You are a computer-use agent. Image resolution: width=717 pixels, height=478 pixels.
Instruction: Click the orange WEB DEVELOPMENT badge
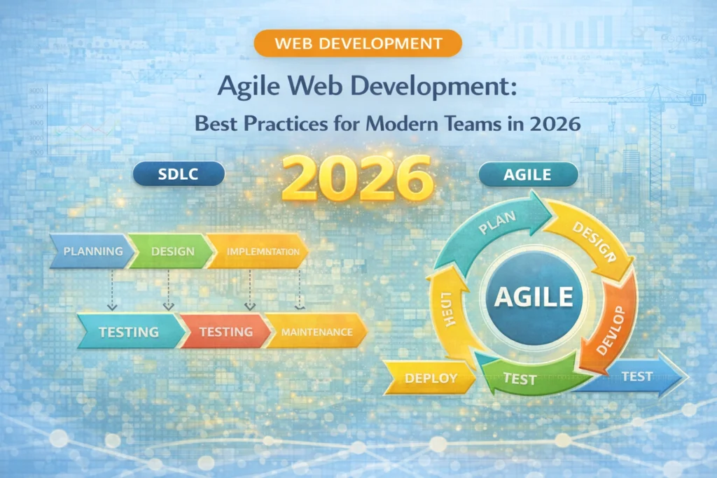click(358, 43)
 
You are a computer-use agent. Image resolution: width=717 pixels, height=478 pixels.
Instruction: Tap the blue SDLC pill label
click(178, 174)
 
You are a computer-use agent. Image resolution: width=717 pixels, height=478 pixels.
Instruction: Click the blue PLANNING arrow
click(91, 251)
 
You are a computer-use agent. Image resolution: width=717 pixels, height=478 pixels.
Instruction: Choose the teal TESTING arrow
click(130, 331)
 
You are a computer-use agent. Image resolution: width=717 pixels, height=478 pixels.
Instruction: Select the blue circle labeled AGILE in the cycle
click(534, 297)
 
